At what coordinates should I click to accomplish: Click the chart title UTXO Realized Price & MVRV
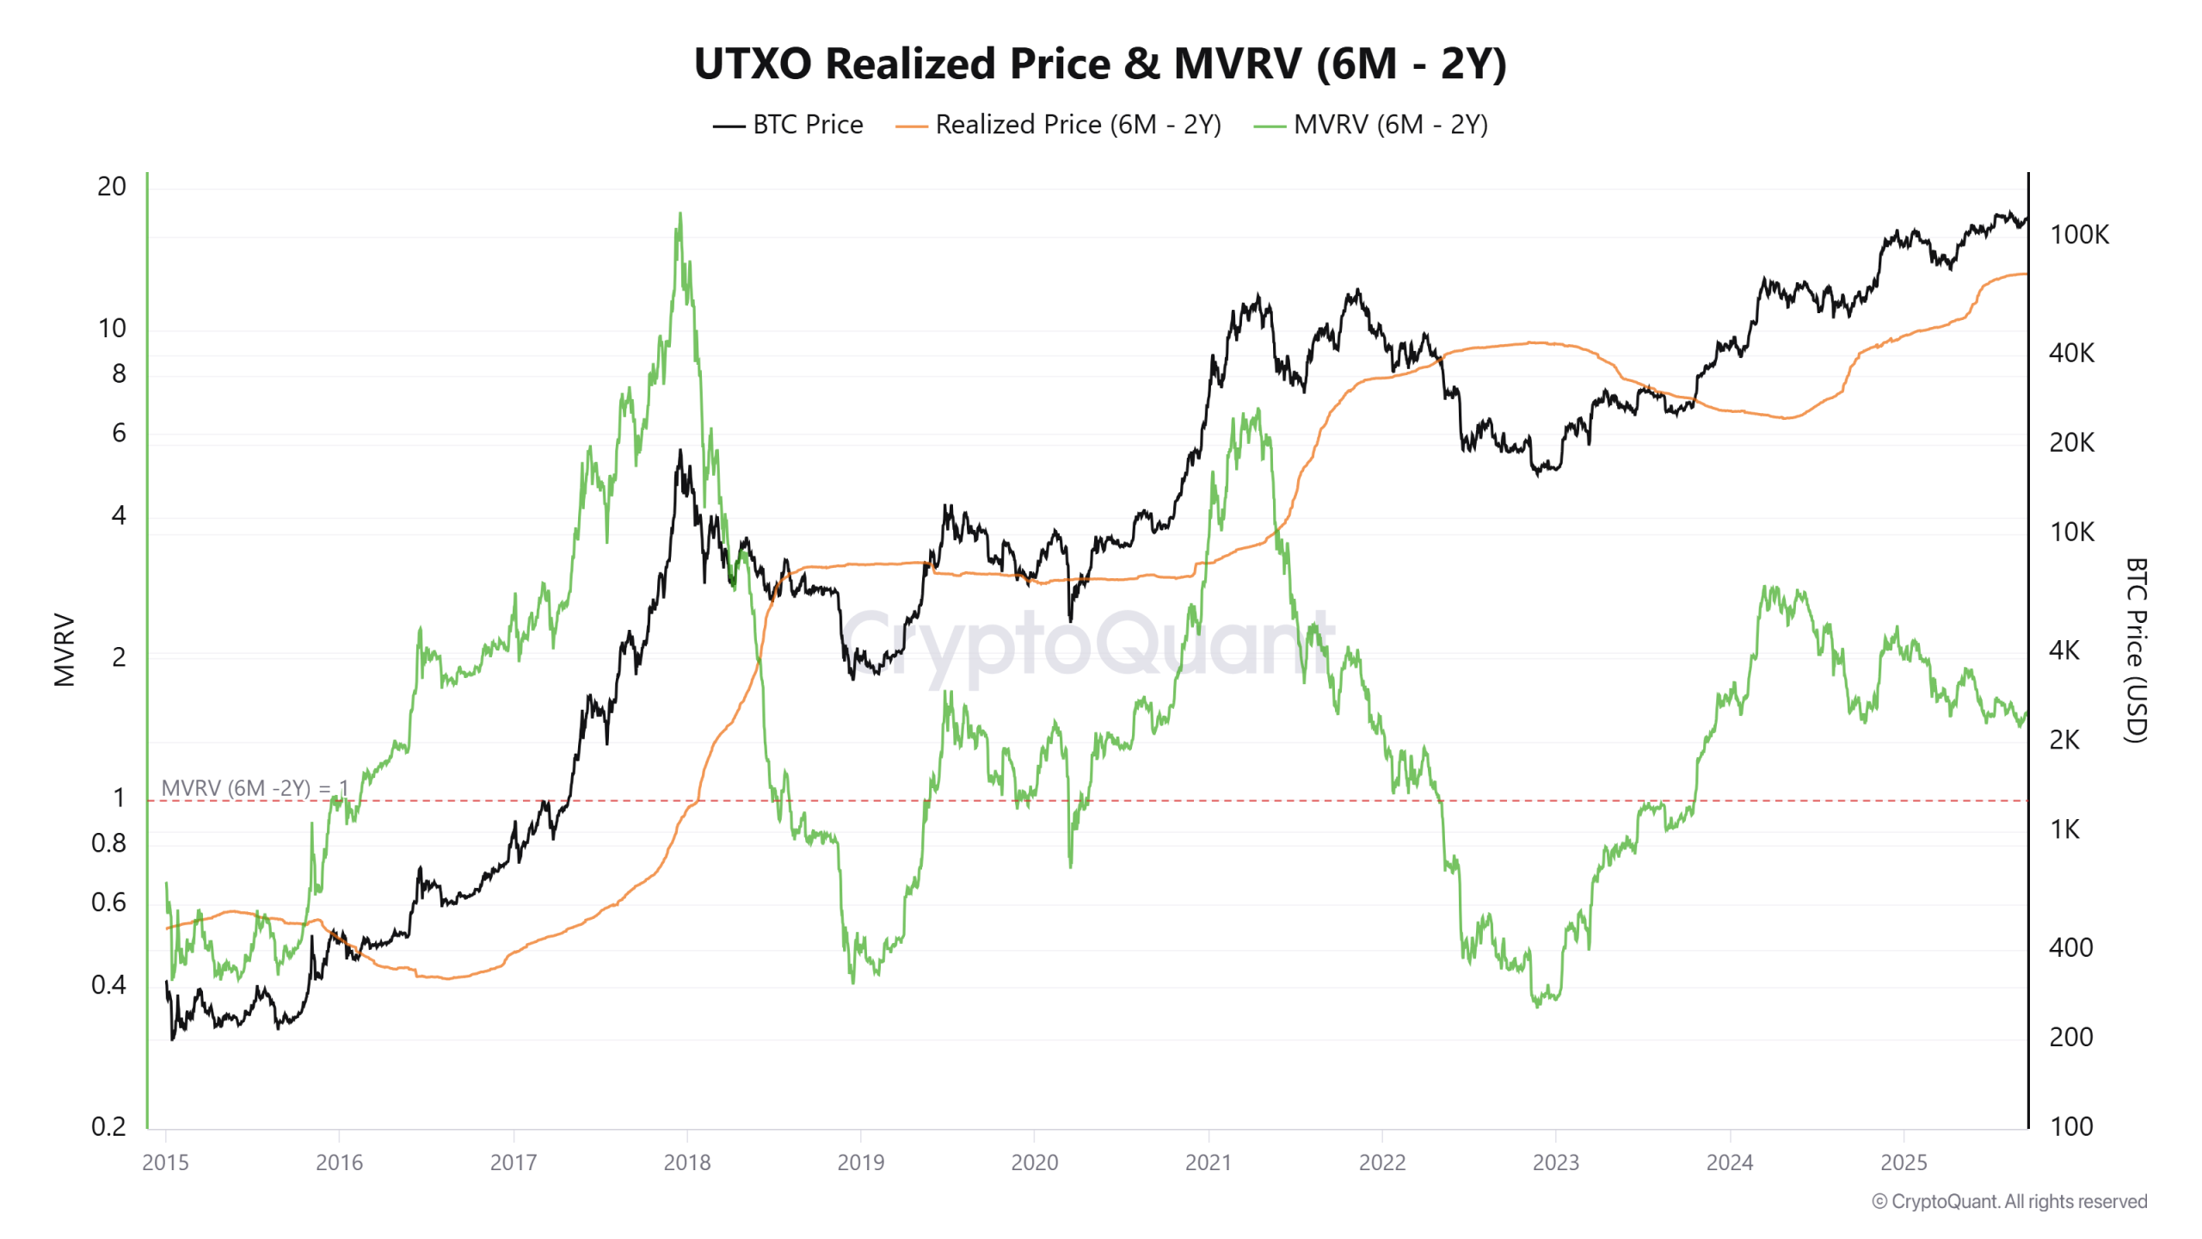click(1099, 65)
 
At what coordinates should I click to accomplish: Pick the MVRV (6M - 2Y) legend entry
click(1371, 125)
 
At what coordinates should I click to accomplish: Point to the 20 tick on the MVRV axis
click(112, 187)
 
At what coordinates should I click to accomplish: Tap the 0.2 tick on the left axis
click(109, 1126)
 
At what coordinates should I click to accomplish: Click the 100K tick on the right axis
click(2079, 235)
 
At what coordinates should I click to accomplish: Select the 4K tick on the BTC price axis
click(2064, 650)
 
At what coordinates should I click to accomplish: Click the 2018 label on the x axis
click(687, 1162)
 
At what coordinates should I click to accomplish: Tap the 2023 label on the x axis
click(1556, 1162)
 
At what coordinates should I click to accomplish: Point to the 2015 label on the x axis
click(165, 1162)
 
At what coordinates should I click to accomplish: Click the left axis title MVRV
click(65, 650)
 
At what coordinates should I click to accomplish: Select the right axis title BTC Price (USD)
click(2136, 650)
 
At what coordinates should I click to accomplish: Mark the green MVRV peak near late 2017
click(680, 214)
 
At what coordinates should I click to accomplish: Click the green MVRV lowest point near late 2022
click(1537, 1005)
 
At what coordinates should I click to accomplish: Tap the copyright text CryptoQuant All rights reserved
click(2009, 1201)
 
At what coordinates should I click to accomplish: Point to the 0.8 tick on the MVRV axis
click(109, 843)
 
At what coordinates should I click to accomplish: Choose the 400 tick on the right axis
click(2070, 947)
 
